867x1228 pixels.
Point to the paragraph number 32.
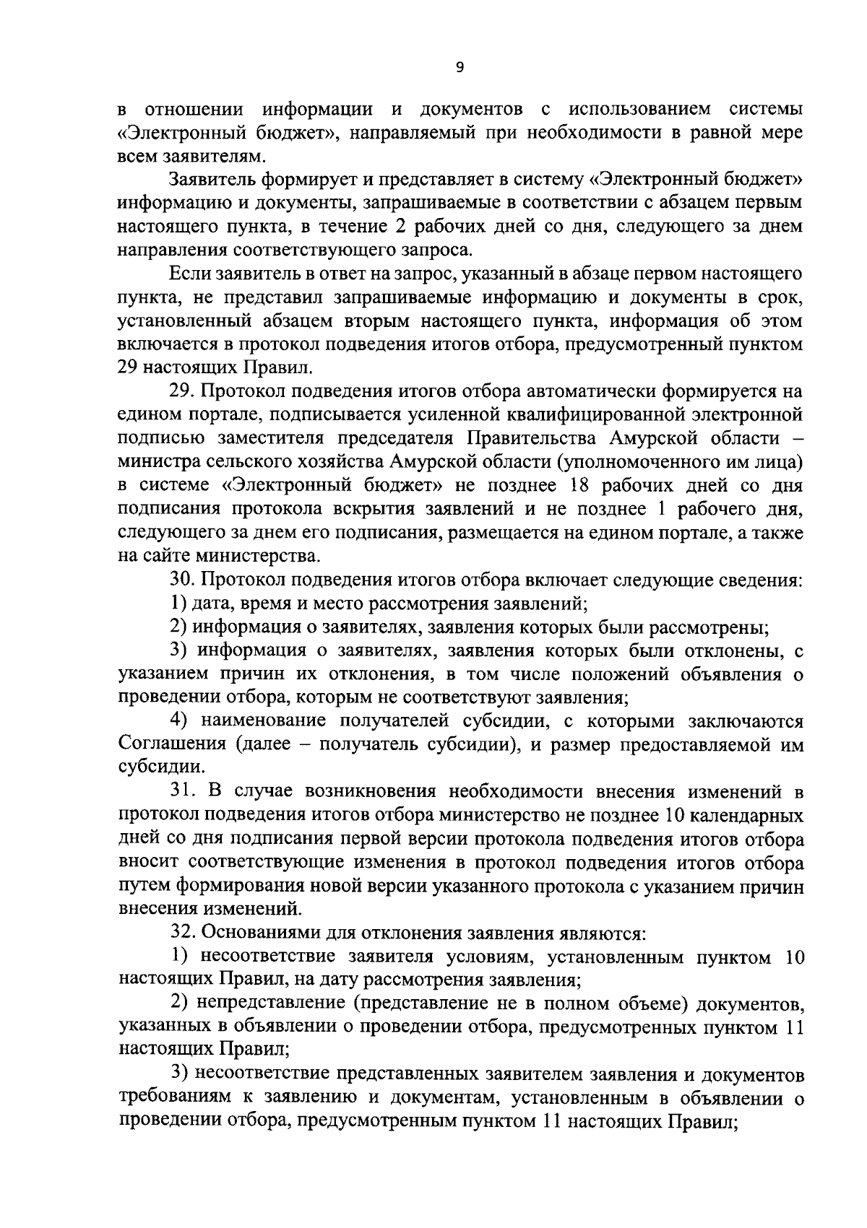point(181,933)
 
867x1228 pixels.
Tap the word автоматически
point(598,392)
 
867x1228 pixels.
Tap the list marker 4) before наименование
point(180,720)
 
